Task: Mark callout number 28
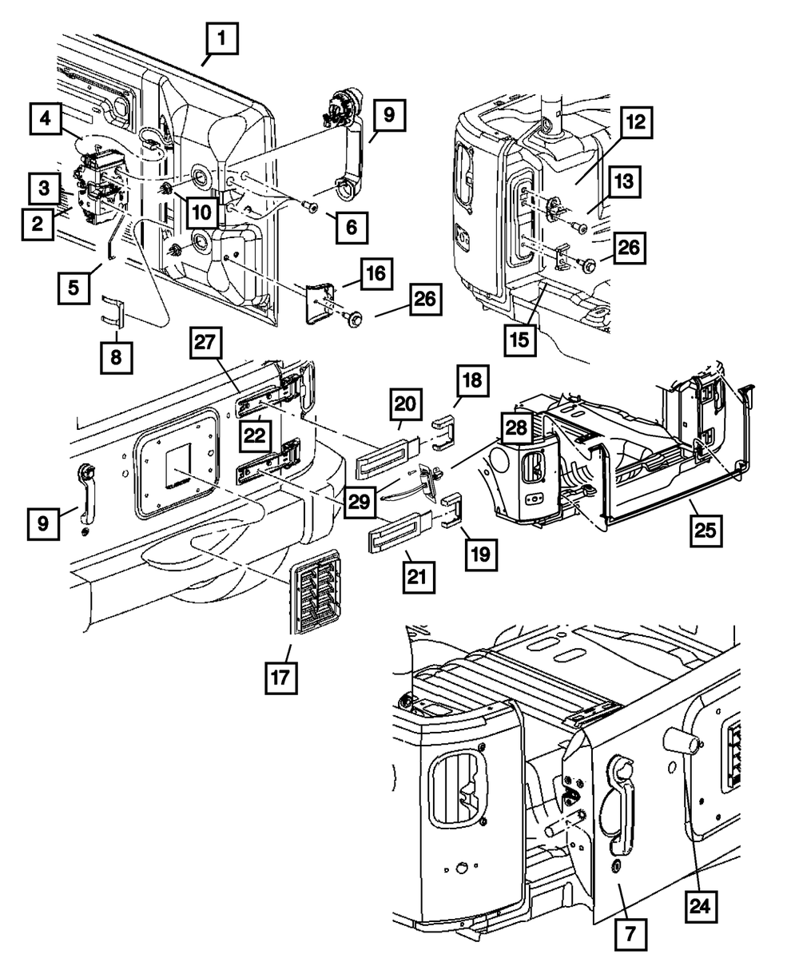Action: tap(517, 427)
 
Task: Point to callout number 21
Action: tap(419, 575)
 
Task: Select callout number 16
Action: tap(376, 273)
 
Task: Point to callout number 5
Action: tap(73, 286)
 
